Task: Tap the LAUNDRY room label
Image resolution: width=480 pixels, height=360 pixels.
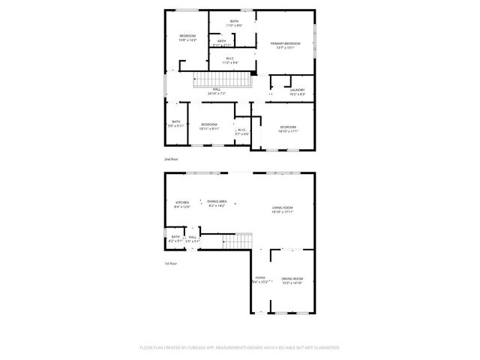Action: click(x=297, y=90)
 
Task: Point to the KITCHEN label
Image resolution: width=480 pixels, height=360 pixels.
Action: click(x=182, y=202)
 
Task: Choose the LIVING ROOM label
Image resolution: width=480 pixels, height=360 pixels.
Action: click(x=282, y=208)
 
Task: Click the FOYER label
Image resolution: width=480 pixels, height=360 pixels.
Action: click(x=259, y=277)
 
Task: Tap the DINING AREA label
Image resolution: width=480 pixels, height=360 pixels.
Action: click(x=217, y=201)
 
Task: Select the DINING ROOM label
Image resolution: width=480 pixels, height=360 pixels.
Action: click(x=292, y=278)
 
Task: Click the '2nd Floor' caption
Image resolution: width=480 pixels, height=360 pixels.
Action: click(x=172, y=160)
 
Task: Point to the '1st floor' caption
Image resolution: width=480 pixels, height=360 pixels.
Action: click(x=171, y=263)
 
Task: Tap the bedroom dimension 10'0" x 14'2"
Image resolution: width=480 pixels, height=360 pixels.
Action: click(x=187, y=40)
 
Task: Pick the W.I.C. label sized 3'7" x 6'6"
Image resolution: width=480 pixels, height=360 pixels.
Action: click(x=242, y=133)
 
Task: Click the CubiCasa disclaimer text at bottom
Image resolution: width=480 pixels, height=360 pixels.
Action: click(x=239, y=348)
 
